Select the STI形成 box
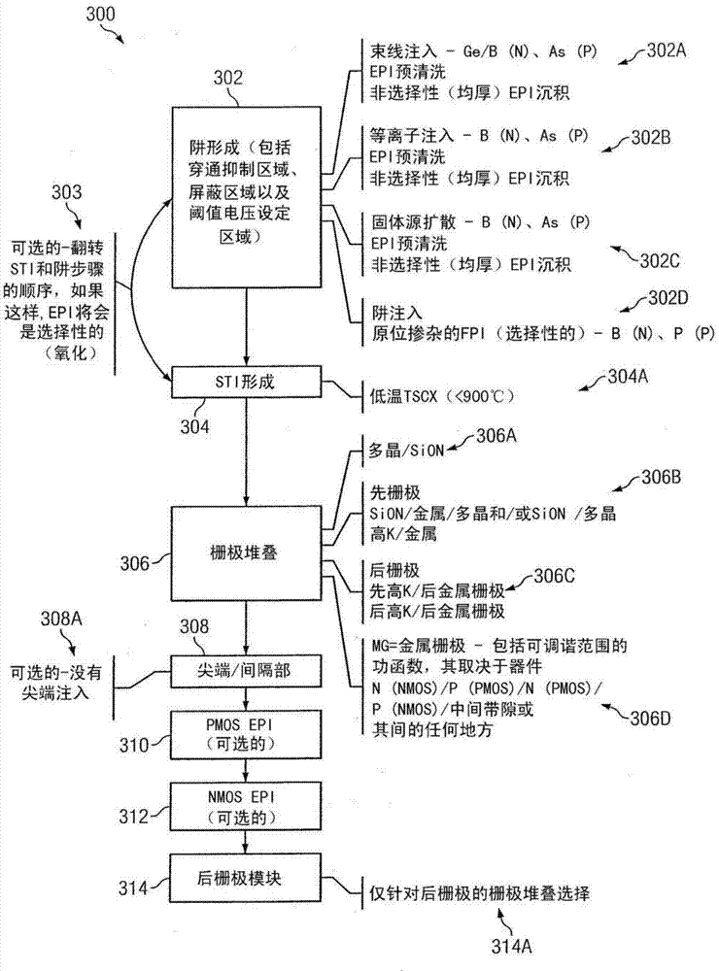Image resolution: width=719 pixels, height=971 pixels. point(245,382)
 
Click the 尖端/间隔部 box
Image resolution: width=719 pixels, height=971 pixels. point(244,667)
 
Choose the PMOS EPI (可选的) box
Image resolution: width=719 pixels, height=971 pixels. point(244,731)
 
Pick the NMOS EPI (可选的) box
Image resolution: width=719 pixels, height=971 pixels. point(244,805)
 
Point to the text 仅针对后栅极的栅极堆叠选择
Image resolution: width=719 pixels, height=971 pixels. point(477,889)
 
